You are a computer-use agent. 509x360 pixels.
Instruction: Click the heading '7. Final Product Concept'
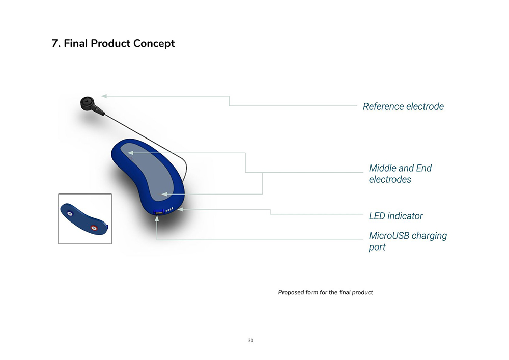(113, 43)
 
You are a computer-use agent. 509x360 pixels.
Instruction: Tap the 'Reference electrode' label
(403, 106)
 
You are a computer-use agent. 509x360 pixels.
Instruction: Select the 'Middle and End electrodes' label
(400, 174)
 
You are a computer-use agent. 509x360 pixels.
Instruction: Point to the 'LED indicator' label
(395, 216)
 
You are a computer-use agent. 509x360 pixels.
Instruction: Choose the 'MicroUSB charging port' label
(408, 241)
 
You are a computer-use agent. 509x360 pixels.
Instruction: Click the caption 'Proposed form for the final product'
(326, 292)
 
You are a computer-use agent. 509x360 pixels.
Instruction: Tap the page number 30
(250, 341)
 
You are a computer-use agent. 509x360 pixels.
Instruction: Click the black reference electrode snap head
(87, 103)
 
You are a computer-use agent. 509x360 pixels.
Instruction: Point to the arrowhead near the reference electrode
(104, 96)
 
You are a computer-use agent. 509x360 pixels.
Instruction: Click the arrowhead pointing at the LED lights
(181, 210)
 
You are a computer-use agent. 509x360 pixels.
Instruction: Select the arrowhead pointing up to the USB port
(157, 219)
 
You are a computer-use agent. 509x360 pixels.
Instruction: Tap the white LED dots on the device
(169, 210)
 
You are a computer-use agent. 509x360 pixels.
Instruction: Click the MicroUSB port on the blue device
(159, 212)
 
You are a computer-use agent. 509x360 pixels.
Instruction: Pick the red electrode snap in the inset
(94, 228)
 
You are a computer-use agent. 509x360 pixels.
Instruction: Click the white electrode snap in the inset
(70, 214)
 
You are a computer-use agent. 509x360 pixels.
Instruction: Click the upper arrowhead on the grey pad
(130, 153)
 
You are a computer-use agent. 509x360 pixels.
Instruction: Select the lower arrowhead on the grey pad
(164, 195)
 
